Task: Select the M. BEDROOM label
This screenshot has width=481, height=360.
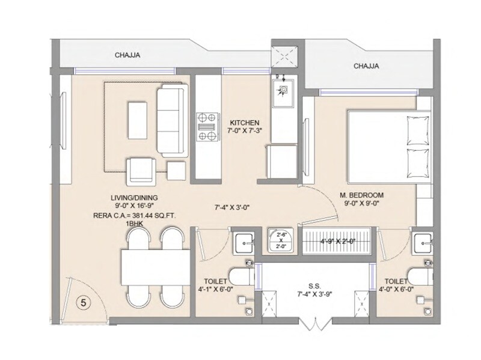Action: [x=361, y=196]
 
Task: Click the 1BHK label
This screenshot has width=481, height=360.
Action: [x=133, y=224]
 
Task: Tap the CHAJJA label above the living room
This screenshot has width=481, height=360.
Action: [x=127, y=56]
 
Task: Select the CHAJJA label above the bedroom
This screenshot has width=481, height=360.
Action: [x=366, y=66]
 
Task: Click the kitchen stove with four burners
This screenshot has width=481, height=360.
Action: [x=207, y=127]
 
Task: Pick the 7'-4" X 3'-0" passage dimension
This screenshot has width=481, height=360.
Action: [x=232, y=207]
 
